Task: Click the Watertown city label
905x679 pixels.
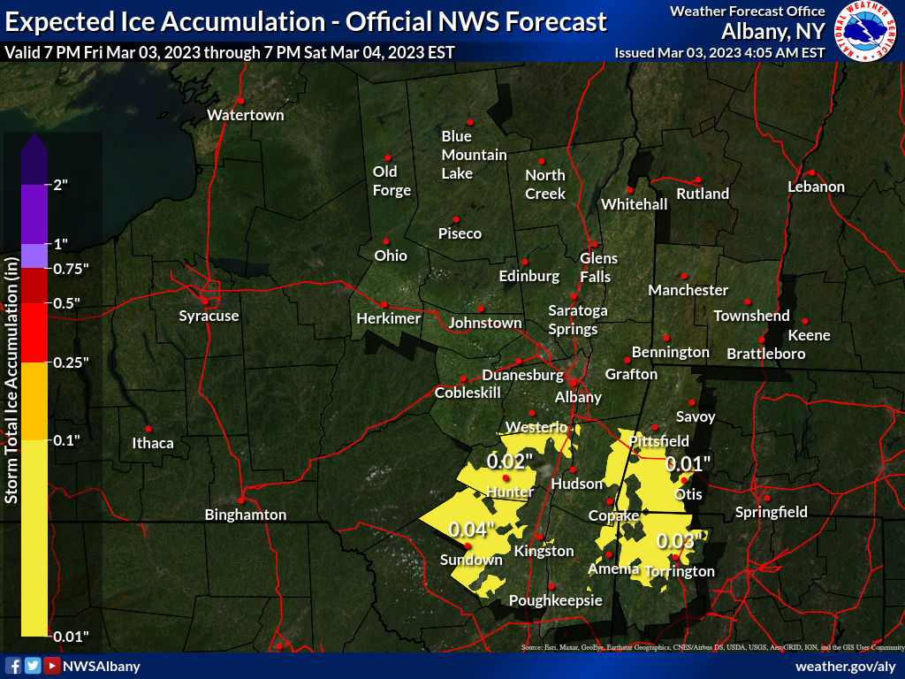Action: coord(246,115)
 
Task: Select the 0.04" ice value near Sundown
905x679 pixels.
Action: coord(471,529)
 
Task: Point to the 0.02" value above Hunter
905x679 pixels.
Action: coord(510,461)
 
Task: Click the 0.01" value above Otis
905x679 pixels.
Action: coord(688,463)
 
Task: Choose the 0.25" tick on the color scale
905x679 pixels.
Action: coord(72,362)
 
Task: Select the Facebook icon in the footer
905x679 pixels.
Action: coord(13,666)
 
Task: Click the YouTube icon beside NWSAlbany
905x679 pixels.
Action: coord(52,666)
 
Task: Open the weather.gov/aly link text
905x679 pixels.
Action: coord(846,666)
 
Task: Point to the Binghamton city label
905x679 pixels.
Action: coord(246,515)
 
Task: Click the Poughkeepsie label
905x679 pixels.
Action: coord(556,601)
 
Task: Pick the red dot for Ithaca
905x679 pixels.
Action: coord(148,429)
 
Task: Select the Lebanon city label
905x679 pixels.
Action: coord(816,187)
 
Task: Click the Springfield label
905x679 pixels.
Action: coord(772,512)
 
